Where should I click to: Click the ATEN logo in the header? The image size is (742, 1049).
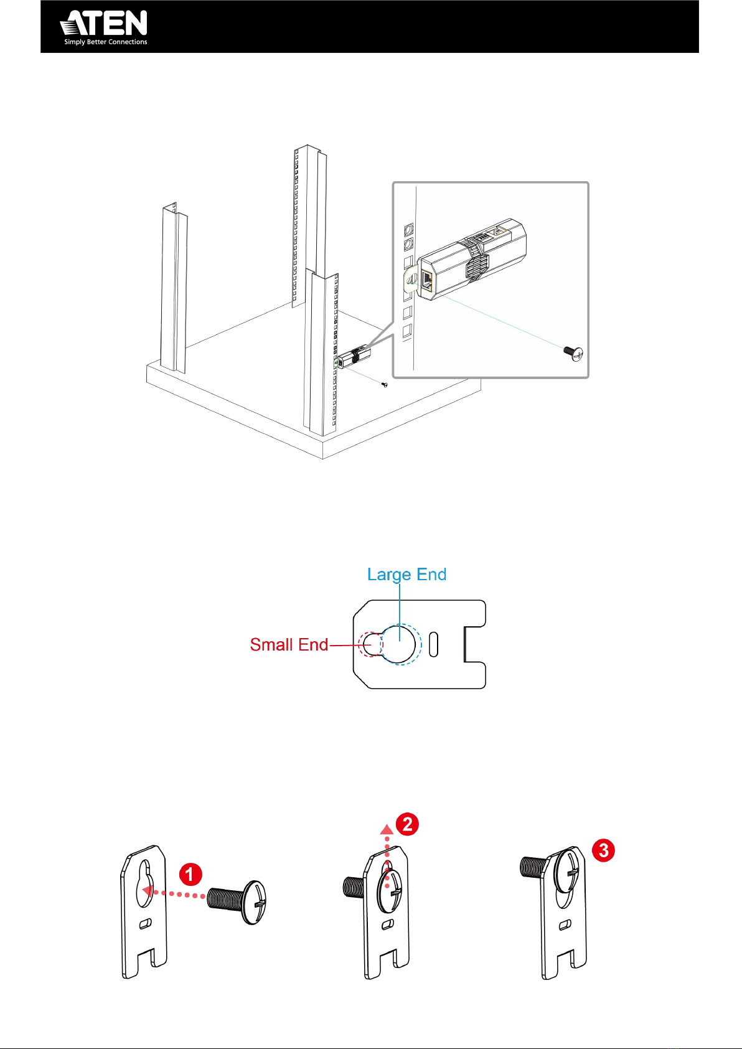point(104,23)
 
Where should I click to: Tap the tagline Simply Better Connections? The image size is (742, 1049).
point(106,42)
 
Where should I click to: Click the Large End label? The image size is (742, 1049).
point(406,574)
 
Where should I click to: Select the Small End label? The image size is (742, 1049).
point(289,644)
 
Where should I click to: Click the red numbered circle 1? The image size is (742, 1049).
point(190,874)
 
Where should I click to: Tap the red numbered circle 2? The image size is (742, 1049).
point(407,824)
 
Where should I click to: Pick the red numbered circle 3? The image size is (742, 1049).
point(603,850)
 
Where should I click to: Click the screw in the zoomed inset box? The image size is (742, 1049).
point(573,353)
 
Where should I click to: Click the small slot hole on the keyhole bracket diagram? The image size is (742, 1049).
point(434,644)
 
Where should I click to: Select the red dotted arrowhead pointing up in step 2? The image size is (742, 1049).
point(387,829)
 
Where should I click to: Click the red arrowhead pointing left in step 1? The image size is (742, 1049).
point(147,891)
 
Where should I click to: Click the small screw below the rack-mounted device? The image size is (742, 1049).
point(385,385)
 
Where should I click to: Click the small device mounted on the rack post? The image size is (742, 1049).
point(354,357)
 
